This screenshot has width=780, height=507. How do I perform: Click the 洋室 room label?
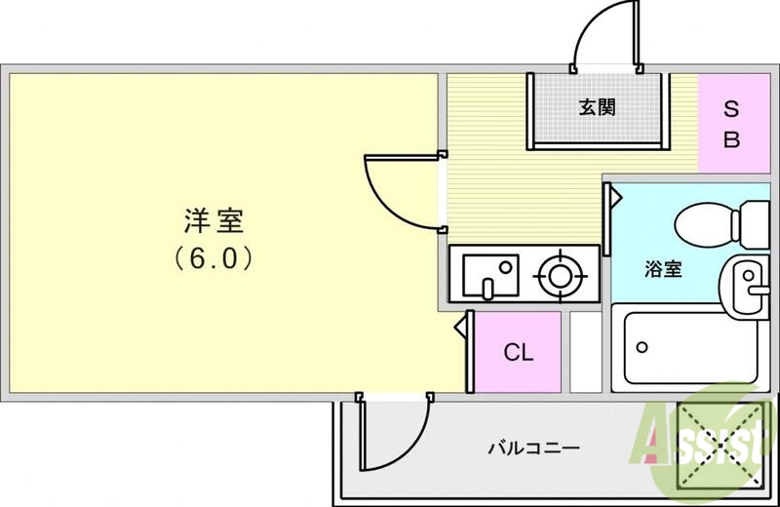pos(214,220)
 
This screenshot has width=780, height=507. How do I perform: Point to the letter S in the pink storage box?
pos(730,109)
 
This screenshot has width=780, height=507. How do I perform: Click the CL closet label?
pos(518,352)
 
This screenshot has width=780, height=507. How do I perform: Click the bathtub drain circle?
pos(642,346)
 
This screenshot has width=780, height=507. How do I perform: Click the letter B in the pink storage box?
pos(730,138)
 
